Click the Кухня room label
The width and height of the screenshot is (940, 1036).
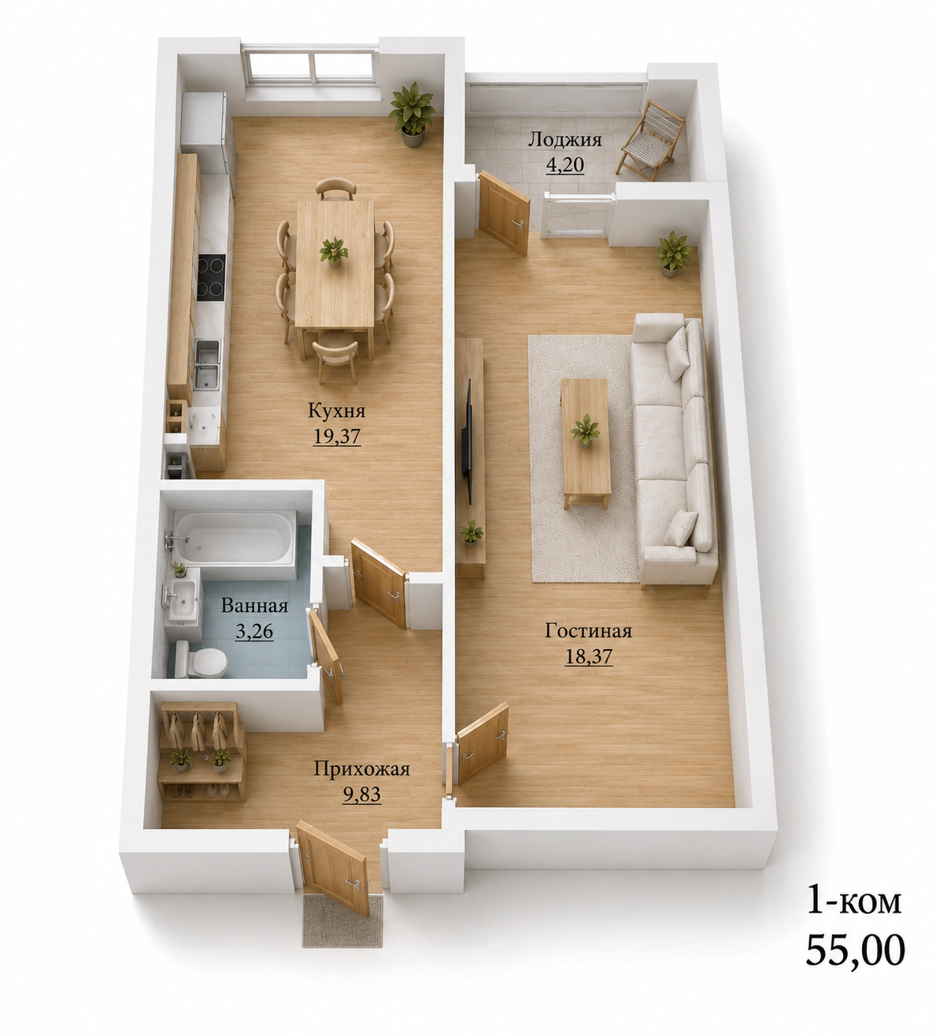(337, 411)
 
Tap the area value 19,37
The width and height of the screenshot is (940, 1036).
(337, 437)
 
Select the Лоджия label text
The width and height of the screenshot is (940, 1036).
(564, 140)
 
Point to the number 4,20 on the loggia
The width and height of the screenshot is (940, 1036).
(565, 164)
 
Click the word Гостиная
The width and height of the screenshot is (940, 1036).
(588, 631)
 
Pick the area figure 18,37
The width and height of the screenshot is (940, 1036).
(588, 656)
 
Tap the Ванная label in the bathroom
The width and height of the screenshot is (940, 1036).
(254, 605)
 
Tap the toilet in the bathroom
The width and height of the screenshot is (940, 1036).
(201, 659)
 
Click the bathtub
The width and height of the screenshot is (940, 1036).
(234, 538)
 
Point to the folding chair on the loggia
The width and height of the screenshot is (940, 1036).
(650, 141)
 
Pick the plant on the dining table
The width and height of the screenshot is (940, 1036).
(334, 252)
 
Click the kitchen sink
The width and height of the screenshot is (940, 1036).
(207, 364)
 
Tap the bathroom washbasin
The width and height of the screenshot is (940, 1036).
(182, 599)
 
